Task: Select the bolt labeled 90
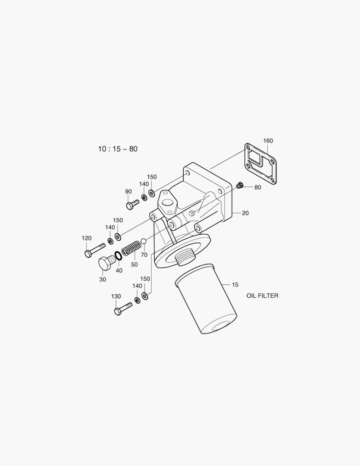[132, 203]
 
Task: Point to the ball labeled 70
[144, 240]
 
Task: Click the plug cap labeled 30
[106, 262]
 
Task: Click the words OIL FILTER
[262, 296]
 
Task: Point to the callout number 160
[268, 141]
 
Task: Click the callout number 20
[245, 213]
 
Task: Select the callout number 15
[235, 285]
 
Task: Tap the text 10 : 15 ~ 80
[118, 149]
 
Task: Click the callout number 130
[116, 296]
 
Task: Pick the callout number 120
[87, 238]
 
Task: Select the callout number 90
[128, 192]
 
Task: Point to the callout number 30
[103, 280]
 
